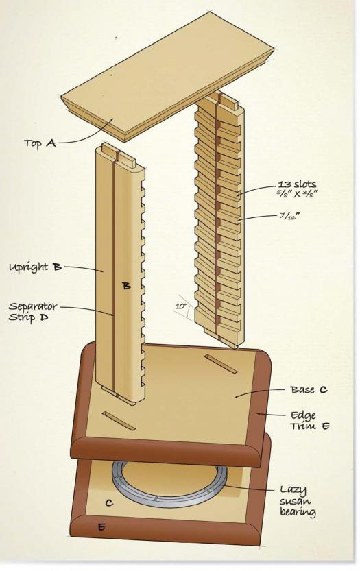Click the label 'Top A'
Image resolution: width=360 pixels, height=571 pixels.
40,143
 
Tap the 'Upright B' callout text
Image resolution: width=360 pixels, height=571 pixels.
35,267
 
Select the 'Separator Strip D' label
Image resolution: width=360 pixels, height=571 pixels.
33,311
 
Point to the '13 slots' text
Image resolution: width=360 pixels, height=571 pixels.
298,184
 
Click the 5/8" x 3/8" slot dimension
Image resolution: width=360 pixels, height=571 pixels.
296,193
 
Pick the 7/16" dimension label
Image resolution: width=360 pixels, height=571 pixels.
289,215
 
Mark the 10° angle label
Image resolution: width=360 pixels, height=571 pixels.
181,306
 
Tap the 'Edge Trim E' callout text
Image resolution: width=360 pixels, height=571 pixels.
310,420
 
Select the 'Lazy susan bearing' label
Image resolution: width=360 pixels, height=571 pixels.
298,500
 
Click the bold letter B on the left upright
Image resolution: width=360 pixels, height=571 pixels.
126,286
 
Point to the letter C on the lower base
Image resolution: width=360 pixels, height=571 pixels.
109,503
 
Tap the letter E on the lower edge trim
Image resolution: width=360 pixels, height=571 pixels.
101,526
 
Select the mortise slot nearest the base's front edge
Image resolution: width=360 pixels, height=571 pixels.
119,421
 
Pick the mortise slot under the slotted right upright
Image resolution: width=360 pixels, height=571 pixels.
221,364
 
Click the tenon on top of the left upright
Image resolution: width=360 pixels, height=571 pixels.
119,154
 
